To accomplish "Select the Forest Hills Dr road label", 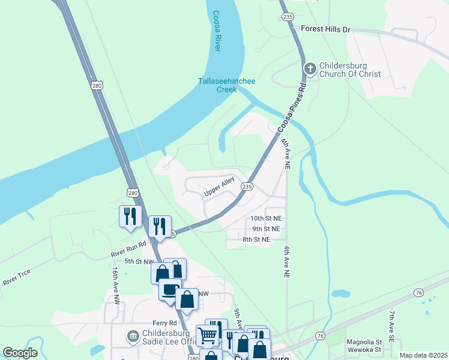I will (325, 29).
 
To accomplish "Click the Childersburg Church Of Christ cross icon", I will (310, 68).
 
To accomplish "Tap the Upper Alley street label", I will (218, 190).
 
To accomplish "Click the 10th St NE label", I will (265, 218).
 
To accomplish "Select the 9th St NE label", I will (265, 229).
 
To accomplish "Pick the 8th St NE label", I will (256, 239).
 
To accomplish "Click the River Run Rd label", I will (128, 250).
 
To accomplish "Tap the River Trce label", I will (16, 277).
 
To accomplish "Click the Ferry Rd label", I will (148, 323).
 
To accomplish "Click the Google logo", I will (20, 353).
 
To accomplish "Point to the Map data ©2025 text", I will (423, 355).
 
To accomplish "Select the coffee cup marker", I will (170, 289).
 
